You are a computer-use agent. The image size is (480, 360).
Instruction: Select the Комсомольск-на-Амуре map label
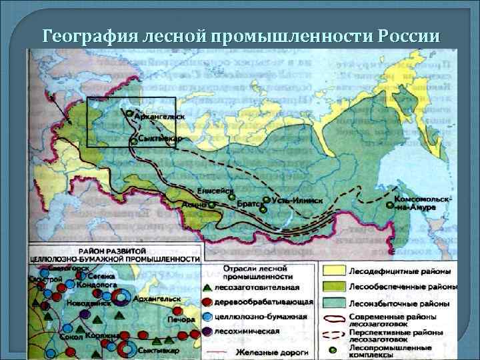pos(423,203)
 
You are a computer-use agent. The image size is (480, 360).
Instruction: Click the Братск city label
pos(247,203)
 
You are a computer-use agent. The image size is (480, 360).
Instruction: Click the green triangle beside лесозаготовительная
pos(208,287)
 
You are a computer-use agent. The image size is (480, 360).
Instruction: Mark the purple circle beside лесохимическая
pos(208,331)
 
